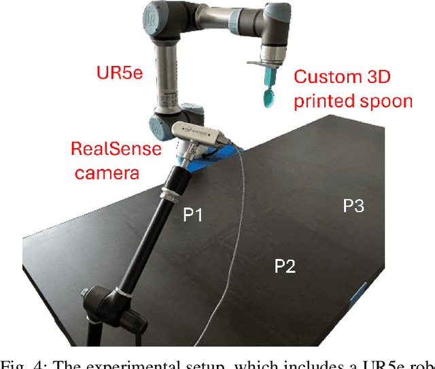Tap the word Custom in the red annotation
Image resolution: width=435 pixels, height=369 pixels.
(321, 77)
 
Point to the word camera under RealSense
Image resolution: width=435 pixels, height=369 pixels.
(107, 173)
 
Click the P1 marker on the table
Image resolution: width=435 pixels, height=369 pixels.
(194, 215)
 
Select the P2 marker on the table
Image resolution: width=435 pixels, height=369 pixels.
(285, 266)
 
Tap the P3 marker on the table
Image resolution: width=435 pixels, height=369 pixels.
(353, 205)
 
